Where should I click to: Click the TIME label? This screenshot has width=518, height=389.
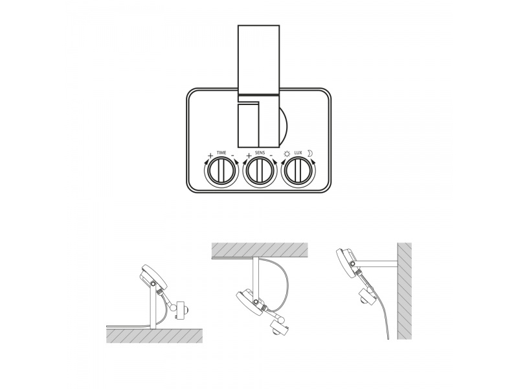tap(221, 152)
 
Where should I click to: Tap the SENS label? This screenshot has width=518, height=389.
tap(260, 152)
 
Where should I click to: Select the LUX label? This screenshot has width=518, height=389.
tap(298, 152)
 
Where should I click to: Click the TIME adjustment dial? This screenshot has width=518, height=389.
tap(221, 171)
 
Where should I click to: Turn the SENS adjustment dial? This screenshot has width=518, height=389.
tap(260, 171)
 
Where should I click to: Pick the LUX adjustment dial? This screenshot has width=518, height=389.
tap(298, 171)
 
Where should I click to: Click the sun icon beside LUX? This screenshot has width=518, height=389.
tap(287, 154)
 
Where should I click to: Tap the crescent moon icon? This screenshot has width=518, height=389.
tap(310, 153)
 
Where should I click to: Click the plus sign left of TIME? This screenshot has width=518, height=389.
tap(210, 155)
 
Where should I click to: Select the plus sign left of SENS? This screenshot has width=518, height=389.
tap(249, 155)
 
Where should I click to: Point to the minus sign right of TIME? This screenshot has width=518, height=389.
tap(232, 155)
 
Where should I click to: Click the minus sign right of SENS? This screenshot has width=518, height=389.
tap(271, 155)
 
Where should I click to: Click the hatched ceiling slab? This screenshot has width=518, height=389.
tap(260, 250)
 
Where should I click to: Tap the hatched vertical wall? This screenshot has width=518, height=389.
tap(404, 291)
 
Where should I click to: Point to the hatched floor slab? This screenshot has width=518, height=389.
tap(154, 336)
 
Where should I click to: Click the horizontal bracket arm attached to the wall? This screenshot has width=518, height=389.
tap(376, 264)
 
